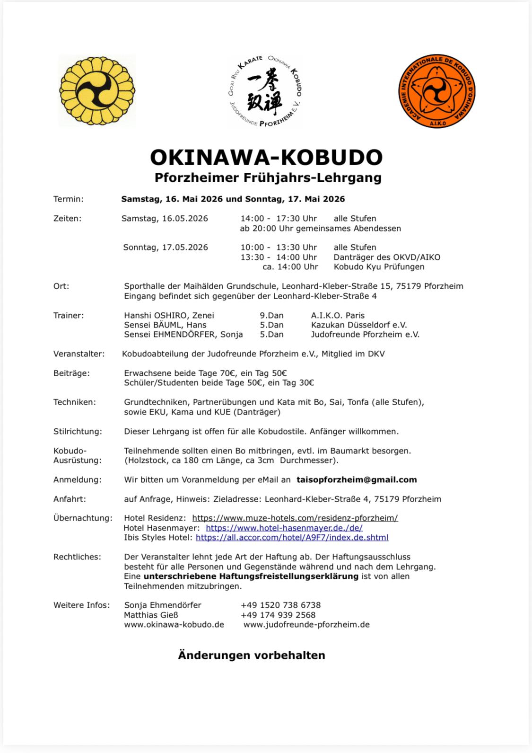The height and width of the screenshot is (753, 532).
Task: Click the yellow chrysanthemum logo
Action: tap(97, 91)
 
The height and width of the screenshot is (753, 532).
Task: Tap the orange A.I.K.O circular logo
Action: tap(436, 91)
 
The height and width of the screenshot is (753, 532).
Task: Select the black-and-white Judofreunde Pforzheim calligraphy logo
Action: tap(265, 91)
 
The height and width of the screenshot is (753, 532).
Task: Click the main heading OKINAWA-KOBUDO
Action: tap(266, 157)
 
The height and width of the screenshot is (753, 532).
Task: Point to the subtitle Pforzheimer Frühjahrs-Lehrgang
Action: tap(268, 178)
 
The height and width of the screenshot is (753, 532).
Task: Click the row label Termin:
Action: tap(69, 199)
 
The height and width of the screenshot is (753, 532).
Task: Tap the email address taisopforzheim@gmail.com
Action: tap(357, 479)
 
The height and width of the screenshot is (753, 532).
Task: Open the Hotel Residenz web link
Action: tap(295, 518)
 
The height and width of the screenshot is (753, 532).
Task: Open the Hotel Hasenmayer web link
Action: tap(284, 528)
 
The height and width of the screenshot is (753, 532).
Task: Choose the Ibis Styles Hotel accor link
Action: tap(292, 537)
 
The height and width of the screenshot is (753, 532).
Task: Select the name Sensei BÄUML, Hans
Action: tap(165, 325)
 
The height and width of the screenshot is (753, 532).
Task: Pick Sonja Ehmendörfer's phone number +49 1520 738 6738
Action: tap(280, 605)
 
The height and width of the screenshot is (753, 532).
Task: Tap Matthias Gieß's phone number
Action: tap(278, 615)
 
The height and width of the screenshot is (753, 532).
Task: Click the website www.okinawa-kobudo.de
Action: tap(174, 624)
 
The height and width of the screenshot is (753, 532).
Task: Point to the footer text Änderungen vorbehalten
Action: tap(252, 656)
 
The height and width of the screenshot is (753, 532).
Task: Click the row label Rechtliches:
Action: tap(77, 557)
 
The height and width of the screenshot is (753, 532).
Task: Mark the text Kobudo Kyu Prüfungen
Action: tap(379, 266)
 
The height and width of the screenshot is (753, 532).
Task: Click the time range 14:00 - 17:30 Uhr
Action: tap(279, 219)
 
